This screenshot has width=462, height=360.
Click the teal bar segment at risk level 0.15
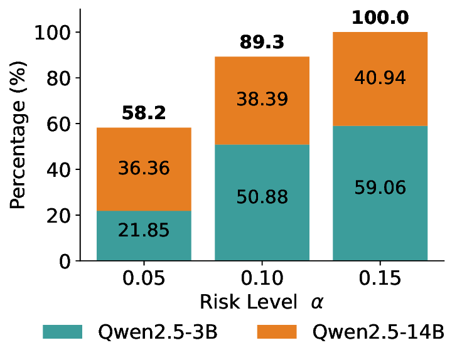tap(380, 213)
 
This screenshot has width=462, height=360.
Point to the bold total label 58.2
tap(144, 113)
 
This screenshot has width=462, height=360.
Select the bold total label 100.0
tap(380, 17)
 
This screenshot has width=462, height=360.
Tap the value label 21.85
tap(144, 230)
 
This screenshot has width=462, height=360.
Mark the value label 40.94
tap(380, 78)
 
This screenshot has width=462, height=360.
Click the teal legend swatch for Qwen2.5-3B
tap(62, 332)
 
